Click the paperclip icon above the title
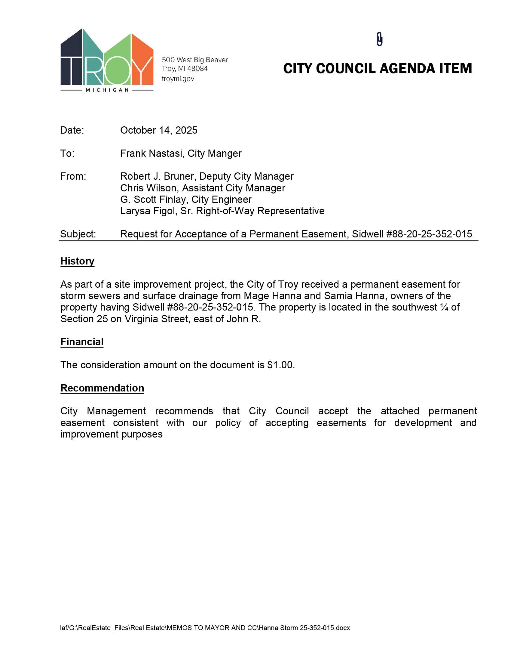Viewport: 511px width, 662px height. [379, 39]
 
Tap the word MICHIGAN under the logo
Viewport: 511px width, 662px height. [107, 90]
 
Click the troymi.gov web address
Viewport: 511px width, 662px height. [178, 79]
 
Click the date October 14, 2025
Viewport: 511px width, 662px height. [159, 130]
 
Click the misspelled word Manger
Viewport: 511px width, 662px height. [228, 154]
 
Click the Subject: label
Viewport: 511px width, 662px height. [78, 234]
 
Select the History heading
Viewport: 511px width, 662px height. [78, 261]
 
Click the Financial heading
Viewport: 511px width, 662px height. [82, 342]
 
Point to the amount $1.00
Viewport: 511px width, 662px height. [280, 365]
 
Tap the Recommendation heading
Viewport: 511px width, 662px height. [102, 388]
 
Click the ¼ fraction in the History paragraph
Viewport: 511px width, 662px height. [444, 307]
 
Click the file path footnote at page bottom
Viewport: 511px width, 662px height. [205, 628]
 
